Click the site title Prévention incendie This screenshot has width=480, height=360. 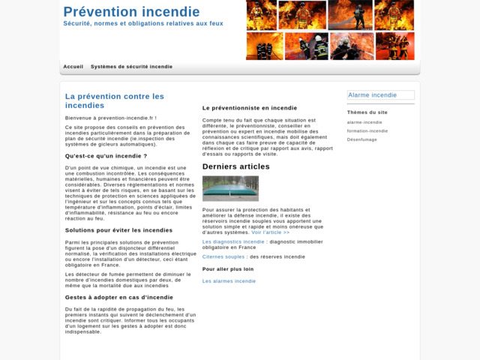[131, 12]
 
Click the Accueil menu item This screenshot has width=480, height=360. [73, 67]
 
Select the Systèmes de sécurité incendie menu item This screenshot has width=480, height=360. [131, 67]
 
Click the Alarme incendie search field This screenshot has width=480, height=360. [380, 95]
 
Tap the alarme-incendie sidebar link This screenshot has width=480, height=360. [364, 122]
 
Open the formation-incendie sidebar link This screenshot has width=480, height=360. [367, 130]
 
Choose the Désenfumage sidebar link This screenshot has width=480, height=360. [362, 139]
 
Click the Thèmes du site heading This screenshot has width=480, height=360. [367, 112]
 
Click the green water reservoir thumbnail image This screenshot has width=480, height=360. [230, 188]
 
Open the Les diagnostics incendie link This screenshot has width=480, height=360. [233, 241]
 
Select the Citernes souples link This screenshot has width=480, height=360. [223, 256]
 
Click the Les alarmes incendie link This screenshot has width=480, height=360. [229, 281]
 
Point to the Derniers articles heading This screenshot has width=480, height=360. [235, 166]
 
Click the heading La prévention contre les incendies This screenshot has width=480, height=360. [114, 100]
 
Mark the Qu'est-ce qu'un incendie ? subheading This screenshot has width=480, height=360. [106, 156]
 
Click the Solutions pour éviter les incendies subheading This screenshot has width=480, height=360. [118, 230]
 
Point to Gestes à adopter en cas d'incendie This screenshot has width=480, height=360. [118, 297]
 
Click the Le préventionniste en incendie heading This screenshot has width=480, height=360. [250, 108]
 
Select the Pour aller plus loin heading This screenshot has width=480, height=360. [228, 268]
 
